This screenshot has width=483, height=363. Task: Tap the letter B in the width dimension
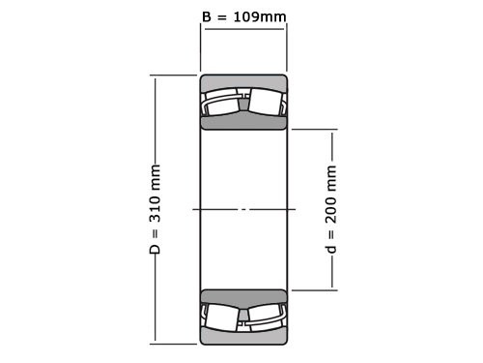(x=207, y=17)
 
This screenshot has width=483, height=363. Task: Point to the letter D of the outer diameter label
(x=155, y=250)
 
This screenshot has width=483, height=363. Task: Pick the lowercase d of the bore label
(x=332, y=249)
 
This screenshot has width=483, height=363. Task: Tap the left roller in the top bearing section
(x=221, y=102)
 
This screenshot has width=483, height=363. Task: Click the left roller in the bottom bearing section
(x=221, y=317)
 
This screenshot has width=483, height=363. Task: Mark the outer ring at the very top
(x=243, y=81)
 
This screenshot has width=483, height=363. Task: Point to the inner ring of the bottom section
(x=243, y=295)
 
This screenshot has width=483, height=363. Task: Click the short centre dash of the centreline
(x=243, y=209)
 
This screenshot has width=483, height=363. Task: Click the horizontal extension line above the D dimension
(x=174, y=76)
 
